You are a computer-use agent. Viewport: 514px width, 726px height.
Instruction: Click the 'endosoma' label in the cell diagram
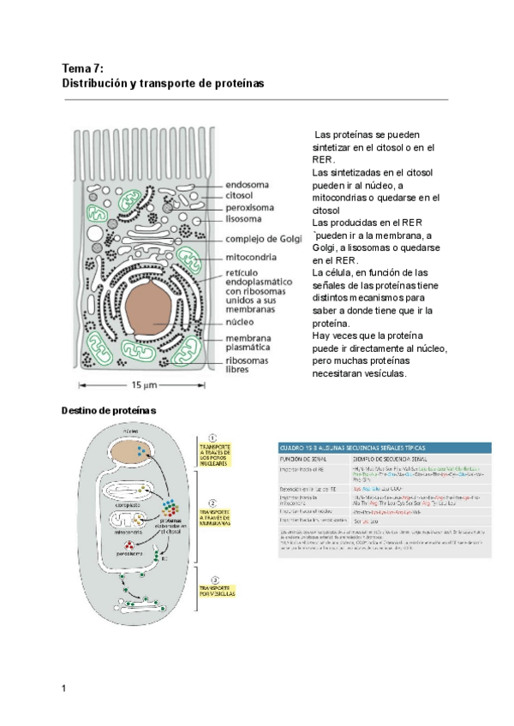(x=247, y=183)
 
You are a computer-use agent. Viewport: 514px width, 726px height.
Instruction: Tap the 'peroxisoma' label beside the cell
(x=251, y=206)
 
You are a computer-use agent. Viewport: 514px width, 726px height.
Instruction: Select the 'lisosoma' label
(x=244, y=218)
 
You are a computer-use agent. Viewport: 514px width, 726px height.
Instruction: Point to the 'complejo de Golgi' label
(x=263, y=239)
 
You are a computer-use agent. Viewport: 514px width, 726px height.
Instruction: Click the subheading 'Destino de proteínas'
(x=109, y=411)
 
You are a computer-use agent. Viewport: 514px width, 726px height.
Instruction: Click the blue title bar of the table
(x=385, y=447)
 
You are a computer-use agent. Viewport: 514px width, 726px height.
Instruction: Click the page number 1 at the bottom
(x=64, y=688)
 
